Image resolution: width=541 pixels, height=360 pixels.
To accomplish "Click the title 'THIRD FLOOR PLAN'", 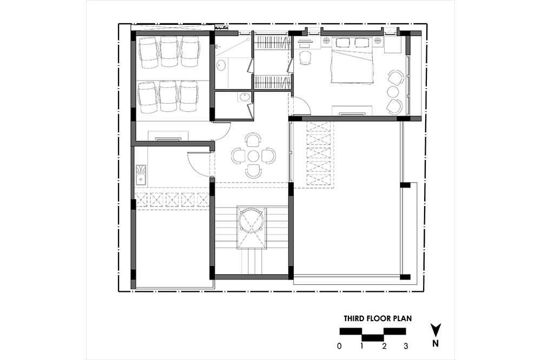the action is [378, 318].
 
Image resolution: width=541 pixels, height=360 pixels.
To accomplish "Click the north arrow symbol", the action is [436, 330].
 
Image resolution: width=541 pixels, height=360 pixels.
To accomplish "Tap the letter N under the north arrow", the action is [436, 343].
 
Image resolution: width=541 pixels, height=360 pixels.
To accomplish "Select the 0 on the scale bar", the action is [340, 346].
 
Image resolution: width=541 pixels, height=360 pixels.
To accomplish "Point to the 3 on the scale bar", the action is [406, 346].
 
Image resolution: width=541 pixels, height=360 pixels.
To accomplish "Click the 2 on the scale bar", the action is [384, 346].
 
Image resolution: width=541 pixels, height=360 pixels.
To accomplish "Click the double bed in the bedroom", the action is [352, 60].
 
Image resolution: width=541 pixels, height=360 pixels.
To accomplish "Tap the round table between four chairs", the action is [254, 156].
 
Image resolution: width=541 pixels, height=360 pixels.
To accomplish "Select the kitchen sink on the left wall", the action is [141, 175].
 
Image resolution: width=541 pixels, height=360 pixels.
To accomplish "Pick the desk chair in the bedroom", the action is [305, 58].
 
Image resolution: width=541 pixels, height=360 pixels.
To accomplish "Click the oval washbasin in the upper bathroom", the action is [221, 65].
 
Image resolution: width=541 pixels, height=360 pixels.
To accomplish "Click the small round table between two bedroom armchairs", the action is [393, 92].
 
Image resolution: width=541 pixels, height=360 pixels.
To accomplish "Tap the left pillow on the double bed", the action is [342, 42].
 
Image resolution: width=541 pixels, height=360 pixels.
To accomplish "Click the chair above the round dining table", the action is [254, 140].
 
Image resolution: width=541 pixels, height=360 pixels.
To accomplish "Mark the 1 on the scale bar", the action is [361, 346].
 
